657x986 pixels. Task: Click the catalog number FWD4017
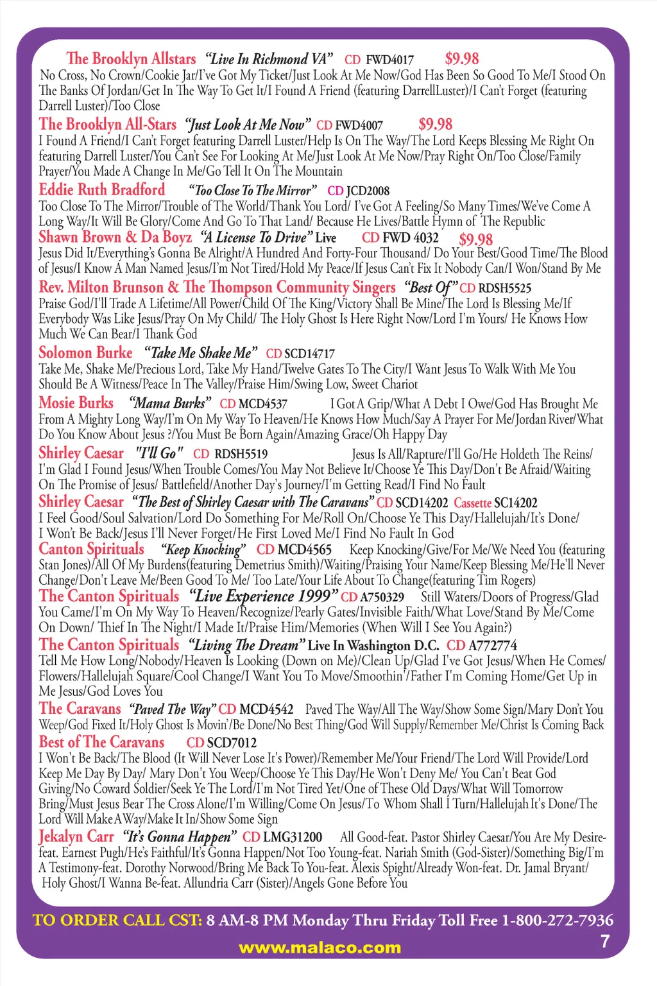(x=389, y=60)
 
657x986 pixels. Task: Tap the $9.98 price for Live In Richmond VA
(x=461, y=58)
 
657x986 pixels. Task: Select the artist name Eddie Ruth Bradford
(x=101, y=190)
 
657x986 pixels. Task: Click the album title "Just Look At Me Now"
(x=248, y=125)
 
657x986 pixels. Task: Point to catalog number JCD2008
(x=368, y=191)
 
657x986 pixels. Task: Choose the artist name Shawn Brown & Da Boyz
(x=115, y=238)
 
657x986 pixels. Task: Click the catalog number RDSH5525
(x=505, y=288)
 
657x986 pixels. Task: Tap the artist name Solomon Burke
(x=85, y=353)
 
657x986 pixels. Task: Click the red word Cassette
(x=472, y=503)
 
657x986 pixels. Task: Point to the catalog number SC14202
(x=516, y=503)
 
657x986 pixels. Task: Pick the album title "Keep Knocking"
(x=203, y=550)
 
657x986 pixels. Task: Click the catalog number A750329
(x=382, y=598)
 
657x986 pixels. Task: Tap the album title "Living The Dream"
(x=244, y=645)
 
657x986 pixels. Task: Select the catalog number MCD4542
(x=266, y=709)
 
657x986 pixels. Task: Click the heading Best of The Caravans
(x=101, y=742)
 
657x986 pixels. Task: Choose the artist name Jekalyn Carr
(x=76, y=837)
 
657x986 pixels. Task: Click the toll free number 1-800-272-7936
(x=557, y=921)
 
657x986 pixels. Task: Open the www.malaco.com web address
(x=320, y=948)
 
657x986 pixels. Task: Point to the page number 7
(x=604, y=942)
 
